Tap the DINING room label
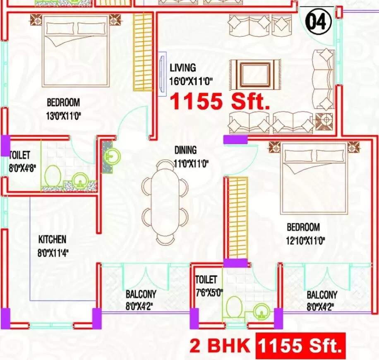coord(185,151)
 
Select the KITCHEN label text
coord(52,240)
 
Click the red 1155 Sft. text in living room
coord(220,101)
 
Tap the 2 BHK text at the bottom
coord(220,345)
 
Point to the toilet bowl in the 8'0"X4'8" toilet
coord(53,176)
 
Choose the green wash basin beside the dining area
coord(113,156)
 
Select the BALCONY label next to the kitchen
coord(141,294)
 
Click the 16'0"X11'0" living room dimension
coord(191,81)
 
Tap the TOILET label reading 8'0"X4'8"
coord(20,156)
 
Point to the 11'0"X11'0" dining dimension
coord(191,164)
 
